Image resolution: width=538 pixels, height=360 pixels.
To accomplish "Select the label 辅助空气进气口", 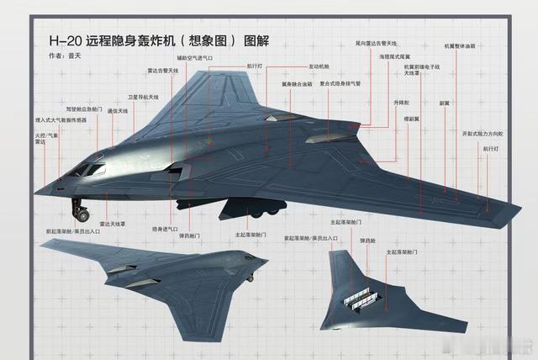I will pos(195,58).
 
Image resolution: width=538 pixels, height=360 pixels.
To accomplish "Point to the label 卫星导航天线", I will pos(144,97).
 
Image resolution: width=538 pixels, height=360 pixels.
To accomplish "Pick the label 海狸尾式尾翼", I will pos(399,56).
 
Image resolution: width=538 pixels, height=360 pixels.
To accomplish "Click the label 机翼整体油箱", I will pos(460,46).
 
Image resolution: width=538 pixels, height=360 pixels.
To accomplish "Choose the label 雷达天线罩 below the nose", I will pos(112,224).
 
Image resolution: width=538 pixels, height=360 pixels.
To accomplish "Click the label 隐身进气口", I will pos(165,228).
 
